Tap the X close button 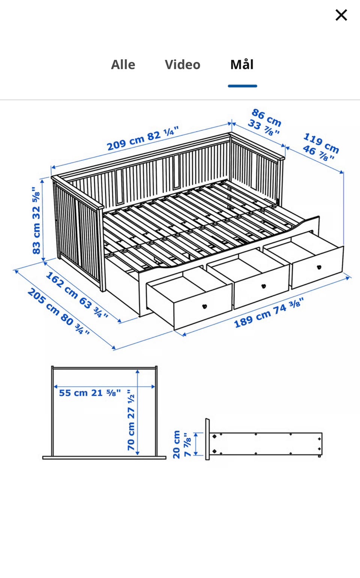(341, 15)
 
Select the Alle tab (123, 64)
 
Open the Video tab (183, 64)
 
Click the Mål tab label (242, 64)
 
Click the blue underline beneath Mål (242, 86)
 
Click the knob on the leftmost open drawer (205, 306)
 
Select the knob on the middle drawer (263, 286)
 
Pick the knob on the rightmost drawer (319, 267)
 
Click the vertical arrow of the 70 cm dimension (138, 412)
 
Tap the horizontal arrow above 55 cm (104, 386)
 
